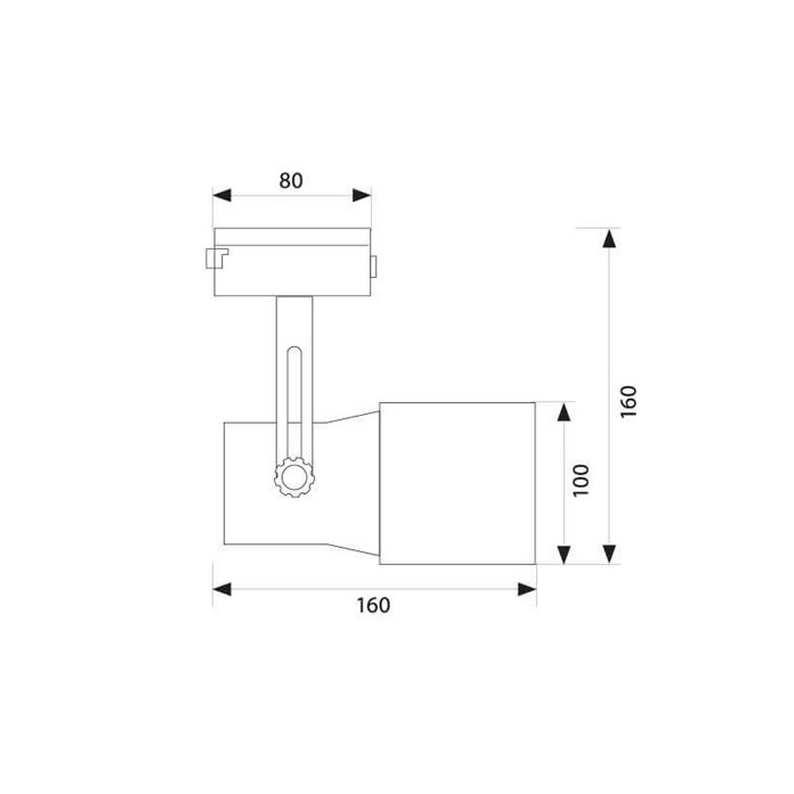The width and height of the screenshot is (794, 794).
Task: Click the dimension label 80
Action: click(x=291, y=180)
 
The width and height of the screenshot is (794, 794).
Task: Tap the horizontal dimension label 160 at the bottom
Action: click(x=373, y=605)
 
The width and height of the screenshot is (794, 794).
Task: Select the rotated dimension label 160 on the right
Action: click(x=628, y=401)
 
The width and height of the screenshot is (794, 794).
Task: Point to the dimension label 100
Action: click(x=581, y=481)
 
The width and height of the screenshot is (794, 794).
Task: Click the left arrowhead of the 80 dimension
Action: click(x=222, y=195)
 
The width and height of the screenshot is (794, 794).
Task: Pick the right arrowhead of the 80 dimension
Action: click(x=362, y=195)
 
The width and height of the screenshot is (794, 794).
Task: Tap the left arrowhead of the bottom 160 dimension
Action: click(x=222, y=589)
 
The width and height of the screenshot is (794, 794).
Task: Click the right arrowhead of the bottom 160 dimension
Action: click(x=527, y=589)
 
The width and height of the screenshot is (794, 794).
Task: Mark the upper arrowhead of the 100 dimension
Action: click(x=564, y=412)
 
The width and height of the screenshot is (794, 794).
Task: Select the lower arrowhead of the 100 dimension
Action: click(x=564, y=555)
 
